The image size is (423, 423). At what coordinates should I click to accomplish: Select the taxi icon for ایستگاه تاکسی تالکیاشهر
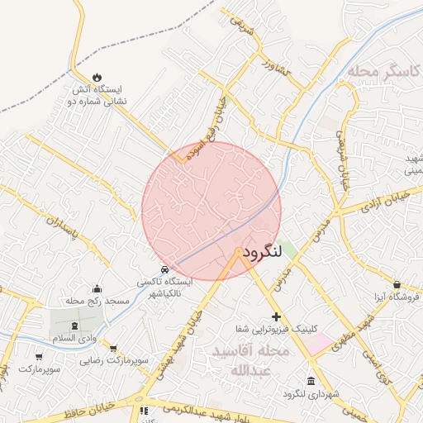[165, 269]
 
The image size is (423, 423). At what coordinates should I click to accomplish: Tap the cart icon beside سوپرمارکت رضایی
[112, 349]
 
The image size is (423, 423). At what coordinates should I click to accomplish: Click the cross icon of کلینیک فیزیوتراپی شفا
[276, 317]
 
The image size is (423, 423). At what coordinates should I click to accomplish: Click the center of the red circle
[211, 211]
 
